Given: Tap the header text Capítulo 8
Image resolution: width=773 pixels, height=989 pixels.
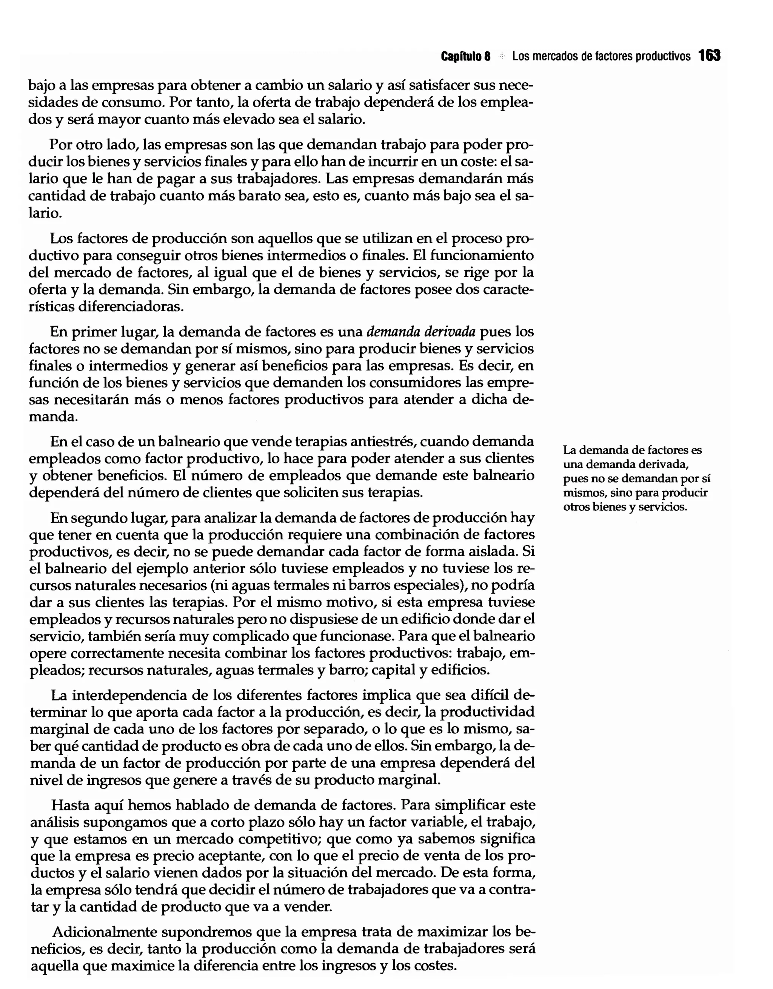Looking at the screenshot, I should tap(466, 57).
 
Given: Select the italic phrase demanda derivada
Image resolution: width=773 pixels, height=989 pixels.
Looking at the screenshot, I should tap(421, 332).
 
